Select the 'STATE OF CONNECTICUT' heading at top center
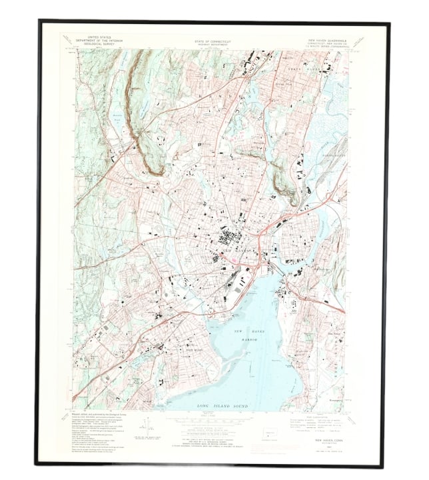click(214, 41)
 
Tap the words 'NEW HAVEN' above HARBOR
click(243, 331)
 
